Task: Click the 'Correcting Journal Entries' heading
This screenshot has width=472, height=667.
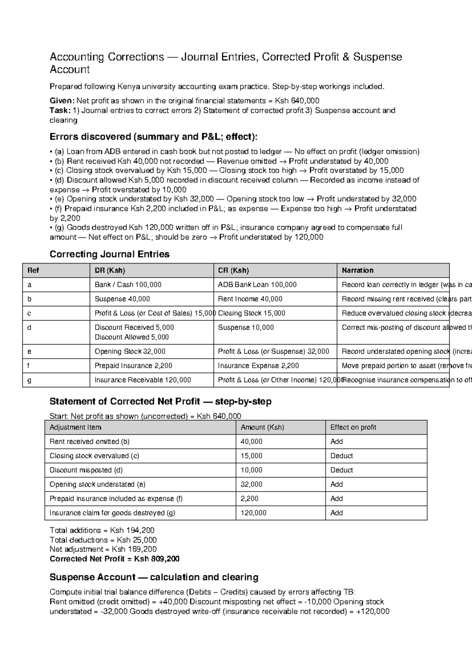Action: click(x=109, y=254)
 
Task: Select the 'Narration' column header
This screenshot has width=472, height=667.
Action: click(x=358, y=271)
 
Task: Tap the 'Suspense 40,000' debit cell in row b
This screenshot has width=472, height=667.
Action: click(x=122, y=299)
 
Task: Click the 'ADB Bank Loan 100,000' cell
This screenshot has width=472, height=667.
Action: click(x=257, y=285)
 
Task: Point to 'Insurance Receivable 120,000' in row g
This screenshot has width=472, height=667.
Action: click(x=142, y=380)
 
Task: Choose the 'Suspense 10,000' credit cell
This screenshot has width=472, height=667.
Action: click(x=246, y=328)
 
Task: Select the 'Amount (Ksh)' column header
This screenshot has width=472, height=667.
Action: click(x=262, y=427)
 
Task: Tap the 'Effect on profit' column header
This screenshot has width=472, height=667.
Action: click(x=353, y=427)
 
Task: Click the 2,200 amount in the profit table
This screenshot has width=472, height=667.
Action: click(x=249, y=499)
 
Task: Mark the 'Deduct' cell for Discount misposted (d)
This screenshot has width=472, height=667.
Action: click(x=341, y=470)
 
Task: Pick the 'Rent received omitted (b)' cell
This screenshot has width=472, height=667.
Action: click(x=89, y=442)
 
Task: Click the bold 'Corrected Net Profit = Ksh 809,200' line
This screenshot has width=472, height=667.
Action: click(x=114, y=559)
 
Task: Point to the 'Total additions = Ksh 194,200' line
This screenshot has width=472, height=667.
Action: click(x=102, y=531)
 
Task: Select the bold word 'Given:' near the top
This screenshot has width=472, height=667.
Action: click(x=62, y=101)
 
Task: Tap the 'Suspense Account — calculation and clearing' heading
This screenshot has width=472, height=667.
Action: click(x=154, y=577)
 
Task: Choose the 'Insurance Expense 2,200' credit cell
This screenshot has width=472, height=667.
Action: click(x=258, y=366)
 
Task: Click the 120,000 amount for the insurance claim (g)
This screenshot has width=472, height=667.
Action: click(x=253, y=513)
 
